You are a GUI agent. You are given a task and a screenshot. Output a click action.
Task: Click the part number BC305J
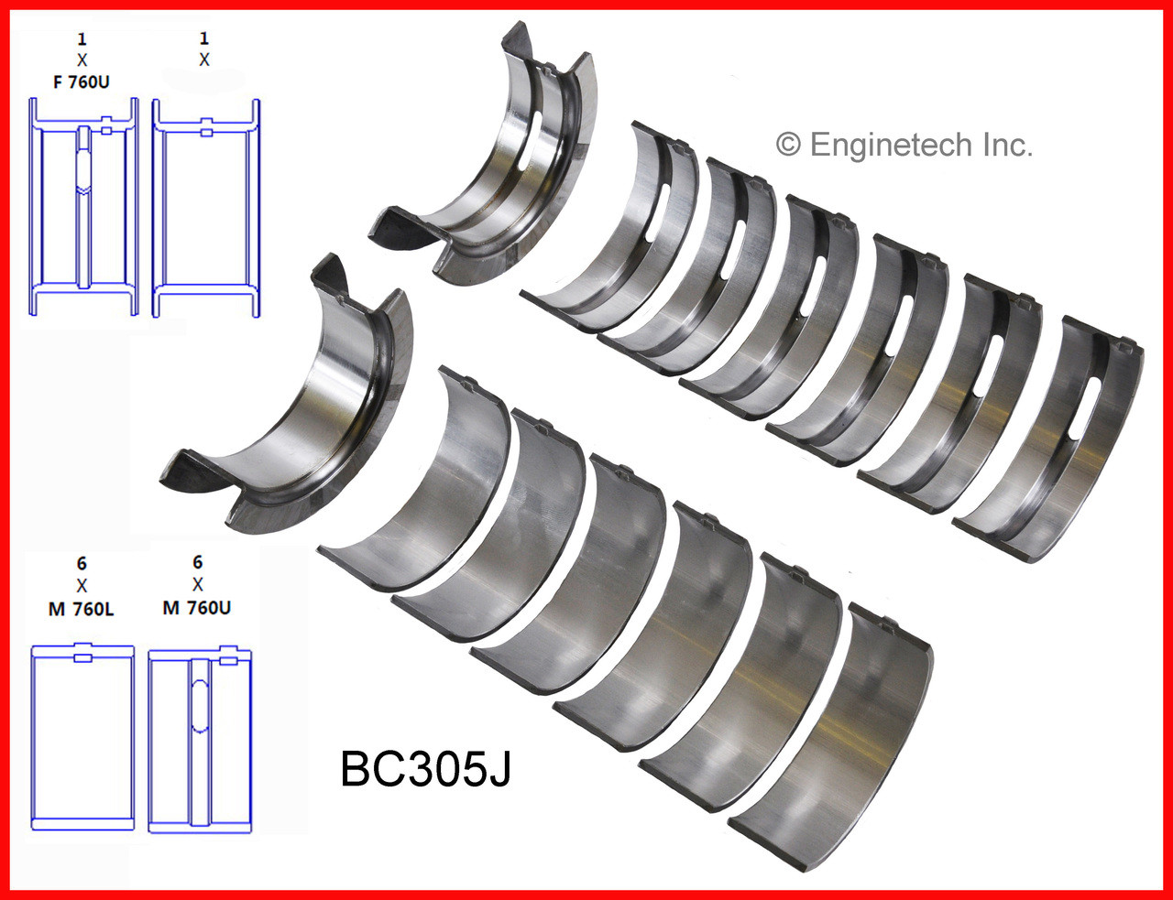click(x=425, y=768)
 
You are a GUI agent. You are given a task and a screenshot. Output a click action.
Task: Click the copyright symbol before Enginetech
click(x=788, y=145)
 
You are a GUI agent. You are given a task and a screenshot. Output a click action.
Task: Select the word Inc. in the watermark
click(x=1005, y=145)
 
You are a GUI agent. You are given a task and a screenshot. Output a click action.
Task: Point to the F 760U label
click(x=82, y=82)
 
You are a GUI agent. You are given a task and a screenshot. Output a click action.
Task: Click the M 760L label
click(x=82, y=609)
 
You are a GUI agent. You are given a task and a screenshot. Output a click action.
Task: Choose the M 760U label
click(x=197, y=608)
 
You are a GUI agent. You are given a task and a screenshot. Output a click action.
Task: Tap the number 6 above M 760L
click(x=82, y=563)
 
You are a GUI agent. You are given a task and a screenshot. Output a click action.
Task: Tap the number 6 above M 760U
click(x=198, y=562)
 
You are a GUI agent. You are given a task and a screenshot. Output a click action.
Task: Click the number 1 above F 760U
click(x=82, y=39)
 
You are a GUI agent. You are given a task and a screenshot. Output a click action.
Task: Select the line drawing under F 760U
click(x=83, y=207)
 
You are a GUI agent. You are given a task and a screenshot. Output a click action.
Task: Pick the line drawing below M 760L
click(x=82, y=737)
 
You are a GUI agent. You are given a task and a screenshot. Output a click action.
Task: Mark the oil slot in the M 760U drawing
click(x=199, y=696)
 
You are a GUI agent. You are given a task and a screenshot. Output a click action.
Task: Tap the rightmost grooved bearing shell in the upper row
click(x=1054, y=439)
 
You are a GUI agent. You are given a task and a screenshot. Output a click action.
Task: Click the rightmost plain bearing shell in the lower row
click(x=834, y=732)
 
